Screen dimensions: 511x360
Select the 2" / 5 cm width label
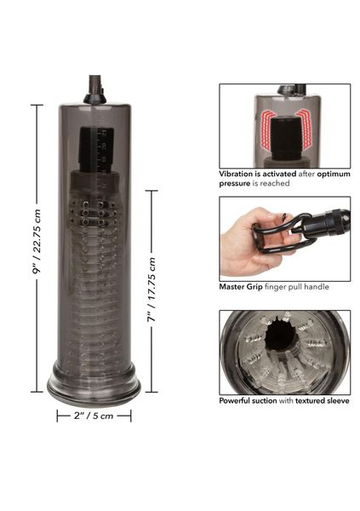click(94, 416)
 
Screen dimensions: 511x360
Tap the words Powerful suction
click(248, 400)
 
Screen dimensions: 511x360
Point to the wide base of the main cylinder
click(94, 385)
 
